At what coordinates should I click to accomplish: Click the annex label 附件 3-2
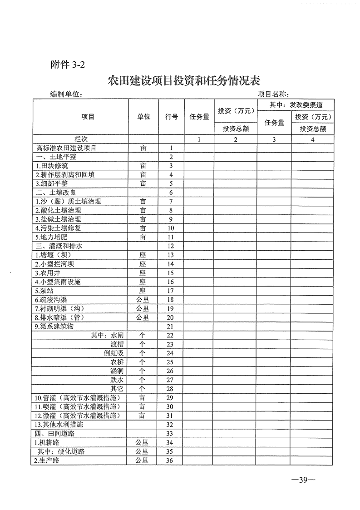68,64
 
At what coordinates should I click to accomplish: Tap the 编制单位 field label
66,94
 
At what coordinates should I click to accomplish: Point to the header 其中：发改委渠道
296,104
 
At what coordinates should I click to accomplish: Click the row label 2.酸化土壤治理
58,210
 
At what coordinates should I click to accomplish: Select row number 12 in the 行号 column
171,246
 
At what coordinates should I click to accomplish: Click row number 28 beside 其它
171,389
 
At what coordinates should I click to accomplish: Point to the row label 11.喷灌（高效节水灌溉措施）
77,406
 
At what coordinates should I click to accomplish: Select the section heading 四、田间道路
53,433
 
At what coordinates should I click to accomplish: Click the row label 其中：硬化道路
61,451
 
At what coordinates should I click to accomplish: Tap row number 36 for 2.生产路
171,460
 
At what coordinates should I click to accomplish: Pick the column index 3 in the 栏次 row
274,139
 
